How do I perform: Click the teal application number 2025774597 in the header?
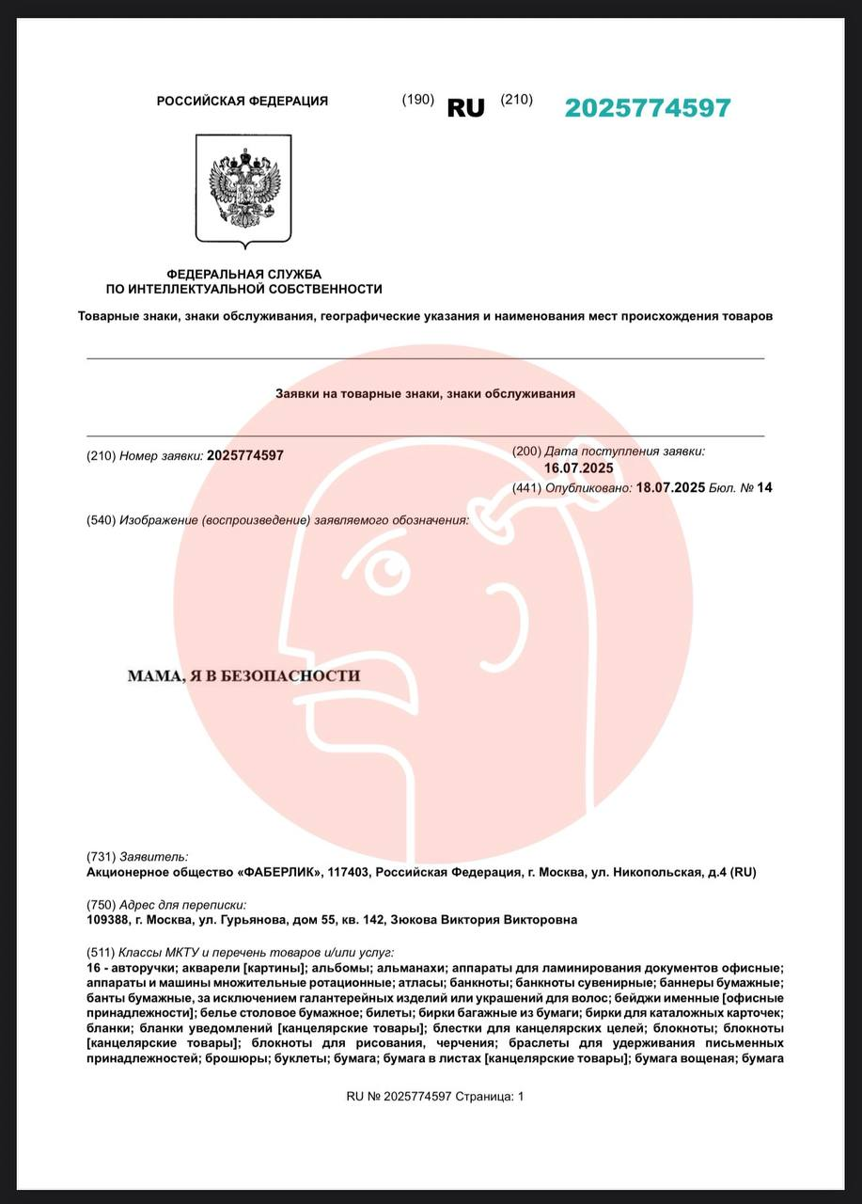click(x=647, y=108)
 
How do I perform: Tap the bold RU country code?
click(x=465, y=108)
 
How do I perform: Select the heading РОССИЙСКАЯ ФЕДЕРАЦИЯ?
click(x=243, y=101)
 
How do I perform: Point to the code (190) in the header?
click(x=417, y=100)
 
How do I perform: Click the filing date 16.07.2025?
click(x=578, y=467)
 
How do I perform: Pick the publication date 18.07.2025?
click(x=670, y=487)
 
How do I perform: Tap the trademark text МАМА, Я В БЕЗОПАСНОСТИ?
click(x=243, y=675)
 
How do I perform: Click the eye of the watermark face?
click(x=384, y=569)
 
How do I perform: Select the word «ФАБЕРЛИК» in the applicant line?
click(x=280, y=873)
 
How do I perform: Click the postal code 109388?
click(x=106, y=920)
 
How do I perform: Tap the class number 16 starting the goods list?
click(x=92, y=968)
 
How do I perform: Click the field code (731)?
click(x=100, y=857)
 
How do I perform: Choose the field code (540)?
click(x=101, y=520)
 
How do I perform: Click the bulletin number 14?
click(x=765, y=487)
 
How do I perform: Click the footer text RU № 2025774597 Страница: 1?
click(x=435, y=1096)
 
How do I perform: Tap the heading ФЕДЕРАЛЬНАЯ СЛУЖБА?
click(x=243, y=274)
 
